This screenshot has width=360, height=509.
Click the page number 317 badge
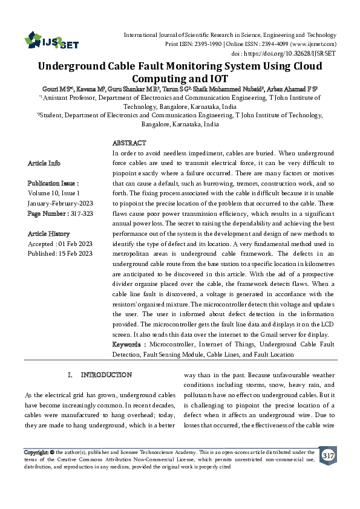pos(328,455)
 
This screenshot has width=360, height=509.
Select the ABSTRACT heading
pos(129,143)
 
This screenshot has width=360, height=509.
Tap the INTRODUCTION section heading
pos(106,375)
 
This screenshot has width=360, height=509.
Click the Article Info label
pos(44,163)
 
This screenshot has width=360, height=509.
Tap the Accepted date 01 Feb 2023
pos(74,244)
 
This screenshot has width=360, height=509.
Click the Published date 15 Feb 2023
pos(76,254)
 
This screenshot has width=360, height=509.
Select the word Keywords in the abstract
pos(128,344)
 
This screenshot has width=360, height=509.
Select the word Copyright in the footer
pos(35,452)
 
